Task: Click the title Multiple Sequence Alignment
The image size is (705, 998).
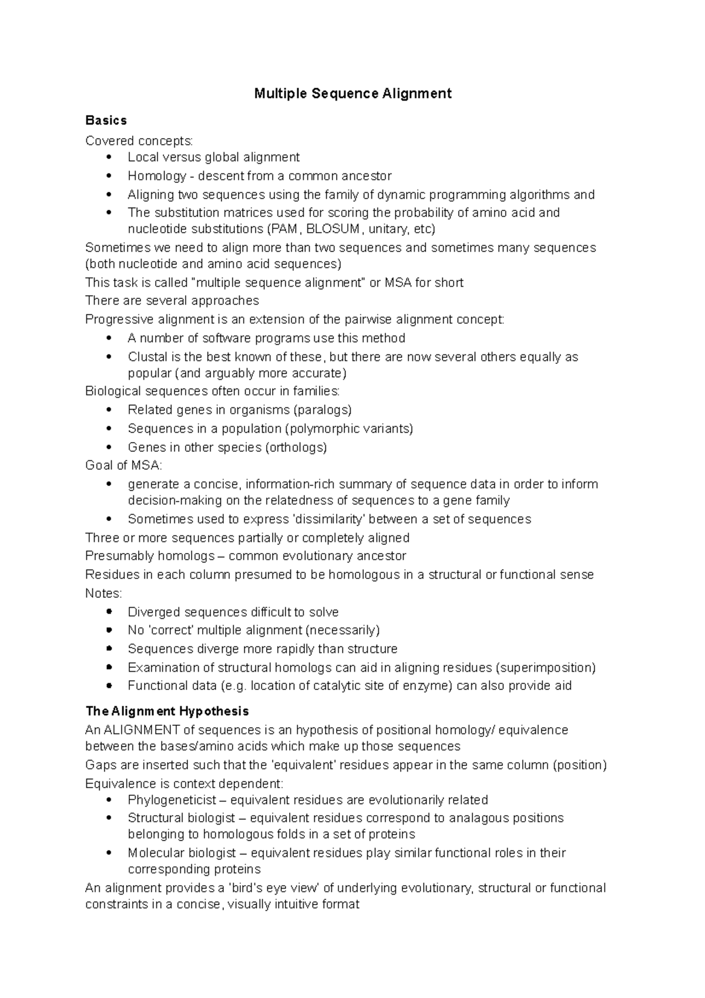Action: (352, 93)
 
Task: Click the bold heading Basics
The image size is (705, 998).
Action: (106, 120)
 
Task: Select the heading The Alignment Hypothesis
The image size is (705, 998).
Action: (167, 711)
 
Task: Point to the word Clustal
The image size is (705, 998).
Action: (147, 357)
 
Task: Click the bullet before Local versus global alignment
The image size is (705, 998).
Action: (109, 158)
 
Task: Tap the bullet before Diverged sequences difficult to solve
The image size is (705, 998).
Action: (109, 612)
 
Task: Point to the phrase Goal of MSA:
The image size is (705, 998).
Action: (123, 465)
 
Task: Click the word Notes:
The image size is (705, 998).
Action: (103, 593)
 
